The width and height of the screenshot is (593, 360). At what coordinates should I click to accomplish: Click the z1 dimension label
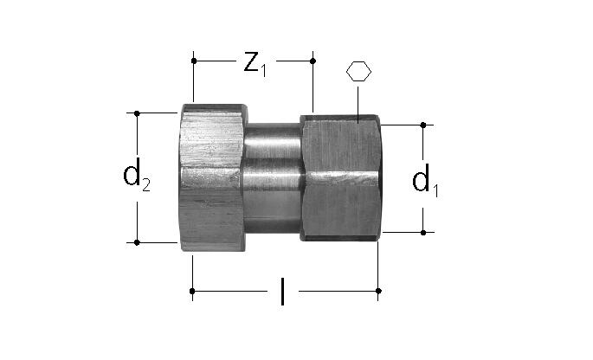(255, 65)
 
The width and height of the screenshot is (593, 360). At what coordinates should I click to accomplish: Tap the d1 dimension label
(425, 180)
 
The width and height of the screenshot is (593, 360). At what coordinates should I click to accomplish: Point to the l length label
(282, 291)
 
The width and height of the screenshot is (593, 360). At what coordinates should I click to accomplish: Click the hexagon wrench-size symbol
(358, 72)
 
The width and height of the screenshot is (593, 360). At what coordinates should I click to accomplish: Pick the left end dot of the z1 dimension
(194, 61)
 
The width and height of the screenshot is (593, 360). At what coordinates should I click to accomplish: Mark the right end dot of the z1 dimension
(313, 61)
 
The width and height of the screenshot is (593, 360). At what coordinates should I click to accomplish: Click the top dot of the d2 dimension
(137, 113)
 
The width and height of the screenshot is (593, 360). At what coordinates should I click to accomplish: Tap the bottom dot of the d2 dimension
(137, 242)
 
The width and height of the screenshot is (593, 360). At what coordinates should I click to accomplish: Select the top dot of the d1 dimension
(423, 125)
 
